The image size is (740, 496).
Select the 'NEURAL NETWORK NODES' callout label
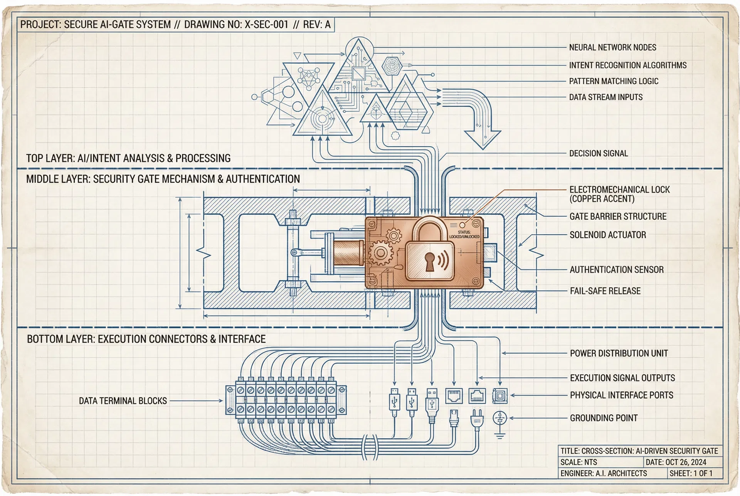point(612,47)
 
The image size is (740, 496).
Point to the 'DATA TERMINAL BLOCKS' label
point(123,401)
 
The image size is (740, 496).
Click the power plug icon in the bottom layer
point(476,421)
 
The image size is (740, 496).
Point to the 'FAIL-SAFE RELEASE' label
point(605,291)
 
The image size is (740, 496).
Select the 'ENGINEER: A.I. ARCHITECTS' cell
point(604,473)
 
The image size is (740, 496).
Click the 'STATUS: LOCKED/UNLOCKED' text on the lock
point(464,234)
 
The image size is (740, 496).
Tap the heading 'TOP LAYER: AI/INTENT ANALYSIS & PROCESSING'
point(128,158)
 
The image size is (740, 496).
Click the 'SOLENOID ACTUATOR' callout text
point(608,235)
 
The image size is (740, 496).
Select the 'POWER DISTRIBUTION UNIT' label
point(619,353)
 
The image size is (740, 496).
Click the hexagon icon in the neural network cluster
point(392,66)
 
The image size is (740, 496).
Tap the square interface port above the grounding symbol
point(500,396)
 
